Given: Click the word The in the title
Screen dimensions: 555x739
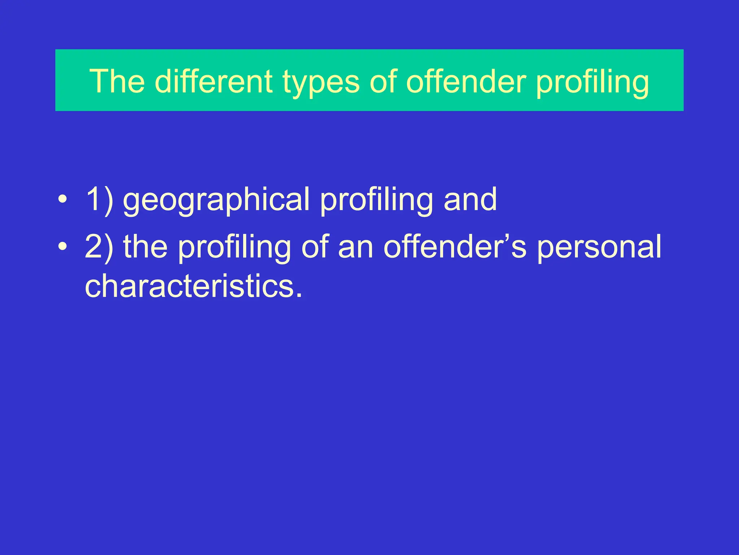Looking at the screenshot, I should coord(117,81).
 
